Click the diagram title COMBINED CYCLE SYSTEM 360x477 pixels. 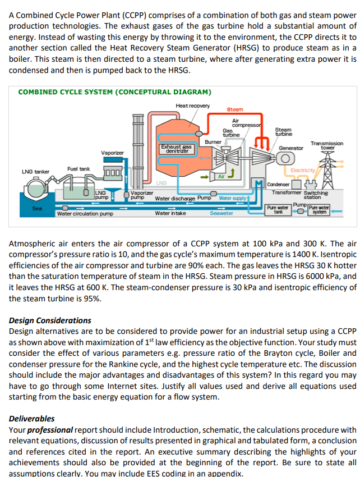[114, 92]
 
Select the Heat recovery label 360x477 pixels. [192, 106]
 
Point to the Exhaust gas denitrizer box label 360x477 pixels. [177, 149]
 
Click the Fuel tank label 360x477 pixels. [78, 168]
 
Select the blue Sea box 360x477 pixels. [37, 208]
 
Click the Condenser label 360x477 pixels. [278, 184]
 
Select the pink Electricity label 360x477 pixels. [303, 169]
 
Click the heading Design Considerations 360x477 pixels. [50, 320]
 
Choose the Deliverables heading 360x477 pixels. [32, 418]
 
